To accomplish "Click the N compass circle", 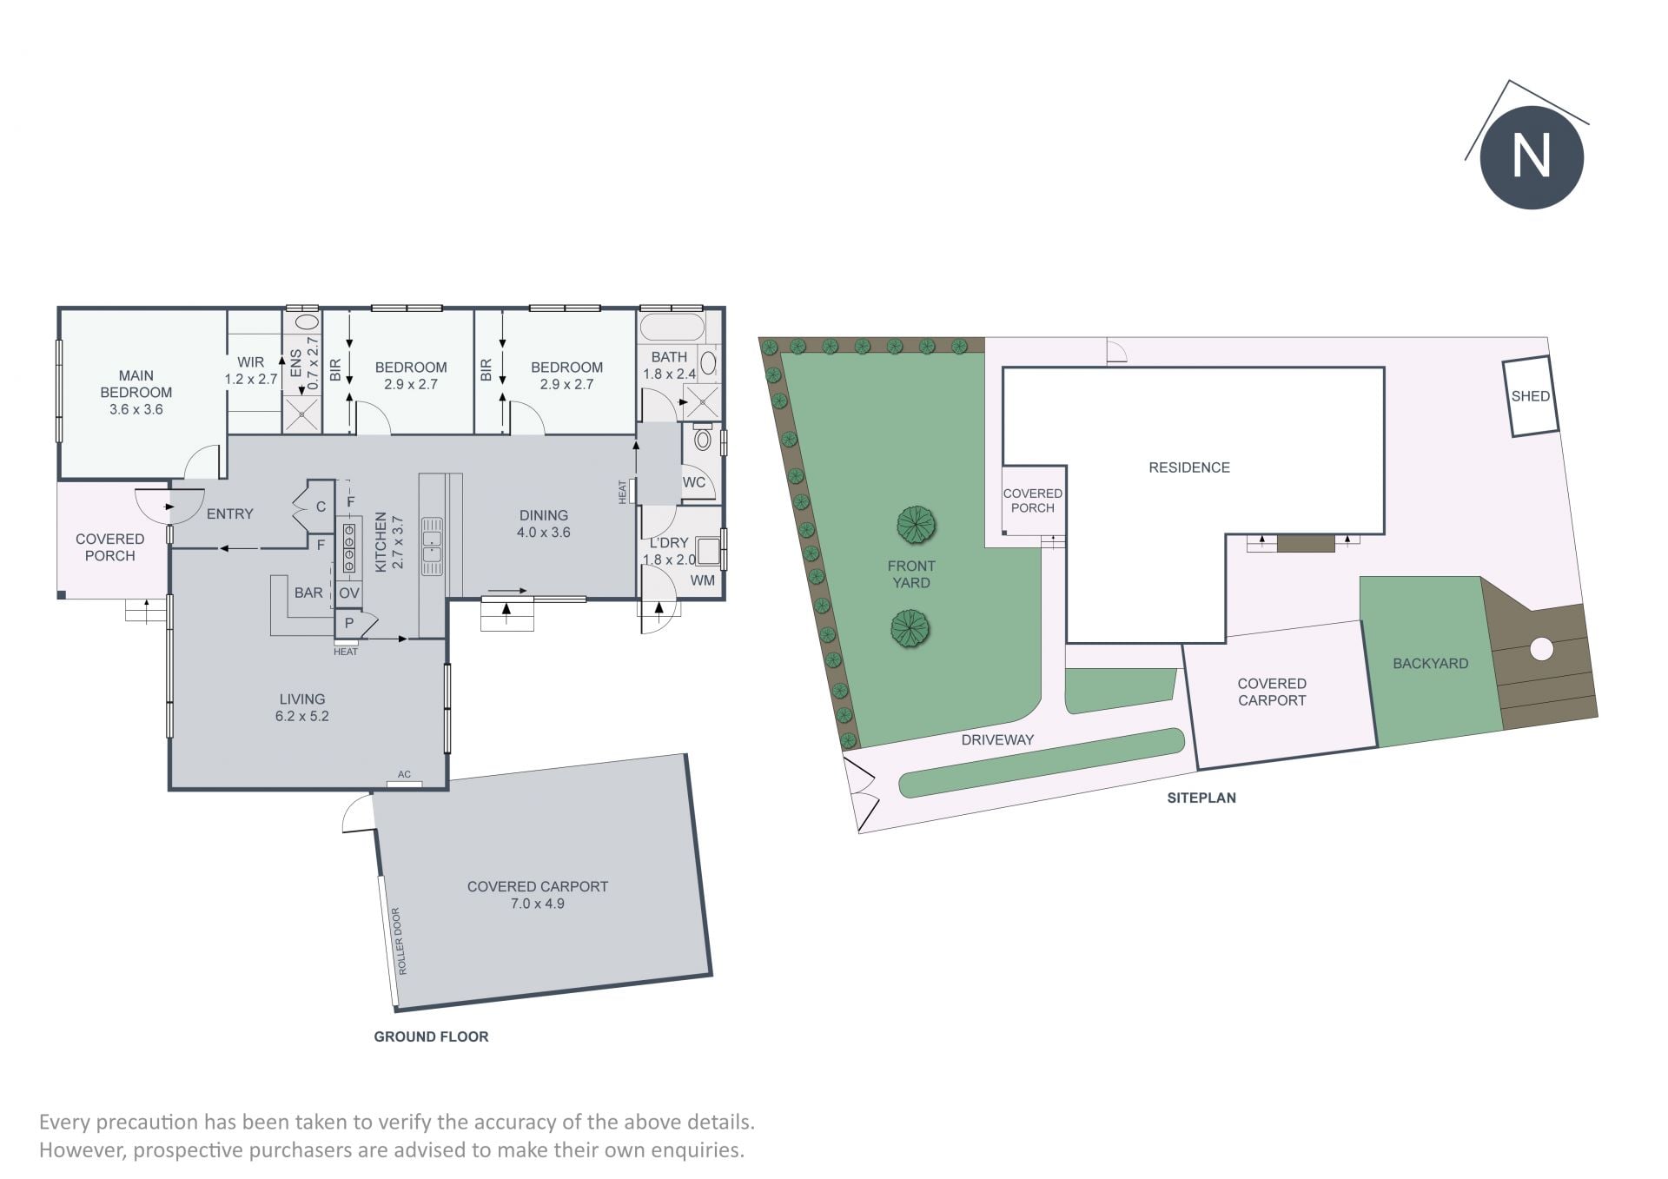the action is [x=1532, y=157].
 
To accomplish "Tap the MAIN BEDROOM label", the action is [x=136, y=384].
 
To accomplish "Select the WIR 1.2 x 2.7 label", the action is [x=251, y=371].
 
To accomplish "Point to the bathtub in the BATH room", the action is [x=672, y=328].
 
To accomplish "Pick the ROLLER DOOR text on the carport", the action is [x=398, y=941].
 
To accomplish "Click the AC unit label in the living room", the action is [x=404, y=774].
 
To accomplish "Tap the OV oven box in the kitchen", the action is [x=348, y=593].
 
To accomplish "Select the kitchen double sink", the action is [x=432, y=546].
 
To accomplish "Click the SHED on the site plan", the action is [x=1530, y=396].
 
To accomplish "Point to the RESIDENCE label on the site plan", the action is [x=1189, y=467].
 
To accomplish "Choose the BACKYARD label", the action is [x=1430, y=664].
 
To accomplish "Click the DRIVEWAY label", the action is [x=997, y=740].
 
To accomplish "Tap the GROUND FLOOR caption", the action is [x=431, y=1037].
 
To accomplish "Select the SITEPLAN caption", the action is [x=1201, y=798].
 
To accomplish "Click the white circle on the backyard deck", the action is [x=1541, y=648].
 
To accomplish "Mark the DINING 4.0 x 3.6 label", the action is [x=544, y=524].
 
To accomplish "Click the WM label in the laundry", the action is [x=703, y=580].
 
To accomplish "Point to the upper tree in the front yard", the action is [x=916, y=525].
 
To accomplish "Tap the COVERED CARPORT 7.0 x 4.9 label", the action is [x=538, y=895].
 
